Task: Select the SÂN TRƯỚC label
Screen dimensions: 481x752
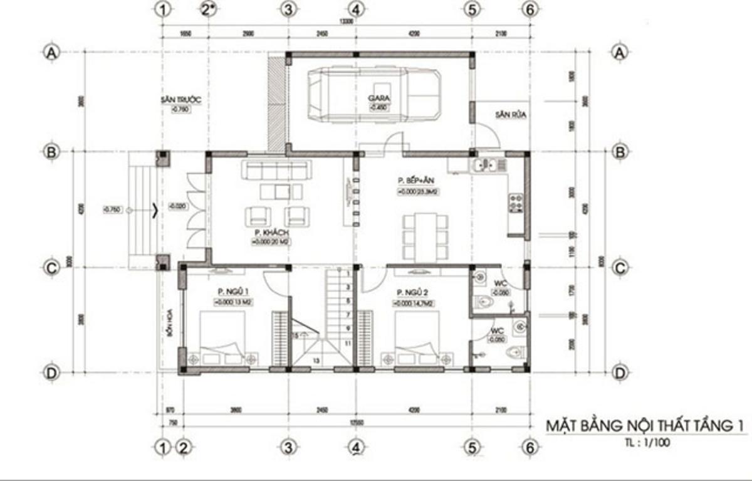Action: click(x=180, y=100)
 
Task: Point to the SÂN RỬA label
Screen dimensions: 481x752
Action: click(x=509, y=115)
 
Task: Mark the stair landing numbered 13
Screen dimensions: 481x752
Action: click(x=316, y=361)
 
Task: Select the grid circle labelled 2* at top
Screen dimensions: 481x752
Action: click(x=208, y=9)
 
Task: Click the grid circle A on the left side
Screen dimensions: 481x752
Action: click(x=50, y=53)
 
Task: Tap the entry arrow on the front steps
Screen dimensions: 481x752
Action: click(x=154, y=210)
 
